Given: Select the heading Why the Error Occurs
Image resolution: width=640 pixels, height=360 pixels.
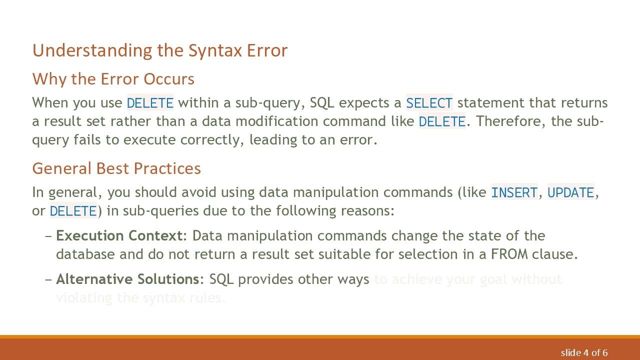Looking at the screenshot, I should [x=113, y=79].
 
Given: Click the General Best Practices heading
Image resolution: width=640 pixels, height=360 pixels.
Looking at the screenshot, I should [x=116, y=168].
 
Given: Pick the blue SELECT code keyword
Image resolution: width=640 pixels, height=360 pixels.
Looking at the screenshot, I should [x=429, y=103].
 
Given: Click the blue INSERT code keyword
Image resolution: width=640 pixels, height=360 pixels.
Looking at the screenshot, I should [x=514, y=193].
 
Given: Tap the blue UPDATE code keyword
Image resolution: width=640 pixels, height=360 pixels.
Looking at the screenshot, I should [x=570, y=193].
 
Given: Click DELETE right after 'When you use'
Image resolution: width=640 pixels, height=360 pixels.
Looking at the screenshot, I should [x=150, y=103].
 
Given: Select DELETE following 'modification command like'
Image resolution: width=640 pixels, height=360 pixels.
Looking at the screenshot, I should [x=442, y=121].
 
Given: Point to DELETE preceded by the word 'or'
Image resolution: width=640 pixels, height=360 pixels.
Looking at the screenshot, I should [x=73, y=211].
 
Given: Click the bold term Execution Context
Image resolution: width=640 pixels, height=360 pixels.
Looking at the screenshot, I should [x=119, y=235].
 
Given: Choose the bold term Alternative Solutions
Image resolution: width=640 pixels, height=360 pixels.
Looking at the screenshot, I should [x=127, y=279].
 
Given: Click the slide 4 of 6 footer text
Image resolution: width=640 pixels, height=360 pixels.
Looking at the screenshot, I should [x=584, y=352].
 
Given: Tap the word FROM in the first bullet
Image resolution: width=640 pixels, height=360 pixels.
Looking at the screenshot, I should [x=509, y=254].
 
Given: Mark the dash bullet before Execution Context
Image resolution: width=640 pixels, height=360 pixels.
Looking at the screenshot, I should [x=48, y=236].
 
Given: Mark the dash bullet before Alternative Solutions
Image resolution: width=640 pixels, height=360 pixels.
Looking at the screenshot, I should [x=48, y=279].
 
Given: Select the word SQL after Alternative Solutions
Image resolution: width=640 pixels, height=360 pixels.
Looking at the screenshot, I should [x=221, y=279].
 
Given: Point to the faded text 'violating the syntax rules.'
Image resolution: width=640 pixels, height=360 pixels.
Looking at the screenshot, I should [x=141, y=298].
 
